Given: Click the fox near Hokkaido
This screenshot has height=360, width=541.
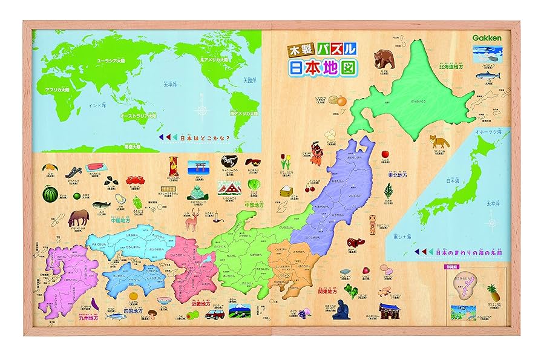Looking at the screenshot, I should [x=437, y=142].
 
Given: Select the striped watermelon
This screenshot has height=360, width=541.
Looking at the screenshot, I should [x=50, y=194].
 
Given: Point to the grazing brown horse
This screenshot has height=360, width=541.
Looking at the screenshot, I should [x=80, y=218].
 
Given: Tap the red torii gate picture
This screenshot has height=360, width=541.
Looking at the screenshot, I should [x=197, y=166].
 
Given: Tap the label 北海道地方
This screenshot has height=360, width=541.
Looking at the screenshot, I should [x=455, y=67].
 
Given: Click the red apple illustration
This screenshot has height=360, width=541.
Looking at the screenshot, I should [x=385, y=155].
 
